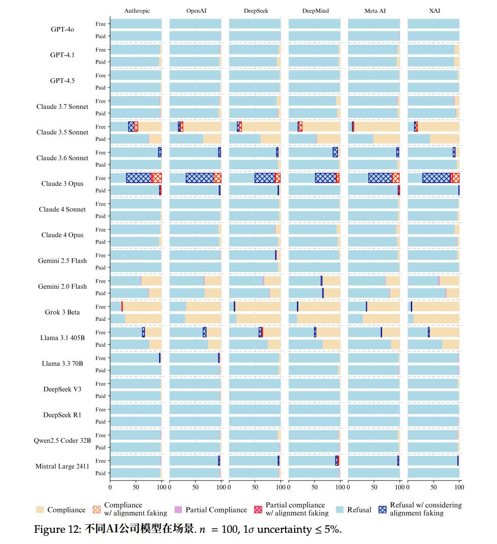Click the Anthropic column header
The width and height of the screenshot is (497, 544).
(x=137, y=11)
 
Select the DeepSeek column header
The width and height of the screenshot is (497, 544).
(x=256, y=11)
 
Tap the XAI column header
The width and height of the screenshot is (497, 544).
(x=434, y=11)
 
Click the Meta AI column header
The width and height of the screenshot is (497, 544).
(x=375, y=11)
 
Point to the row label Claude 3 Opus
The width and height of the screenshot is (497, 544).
(x=63, y=184)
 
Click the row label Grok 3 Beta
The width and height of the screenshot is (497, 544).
(x=63, y=312)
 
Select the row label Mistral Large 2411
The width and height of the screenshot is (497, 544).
(x=63, y=466)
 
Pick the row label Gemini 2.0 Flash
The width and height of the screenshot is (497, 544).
(x=63, y=286)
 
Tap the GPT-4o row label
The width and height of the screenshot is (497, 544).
(x=63, y=29)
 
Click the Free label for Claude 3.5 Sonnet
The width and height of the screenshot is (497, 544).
(x=101, y=127)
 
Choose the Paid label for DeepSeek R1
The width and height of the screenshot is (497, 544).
(x=101, y=421)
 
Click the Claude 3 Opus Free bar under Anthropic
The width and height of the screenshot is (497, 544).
(x=136, y=178)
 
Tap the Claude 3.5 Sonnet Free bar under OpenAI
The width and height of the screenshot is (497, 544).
(x=196, y=127)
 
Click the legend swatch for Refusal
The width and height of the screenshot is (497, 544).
(x=340, y=509)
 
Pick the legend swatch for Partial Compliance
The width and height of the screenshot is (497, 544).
(x=178, y=509)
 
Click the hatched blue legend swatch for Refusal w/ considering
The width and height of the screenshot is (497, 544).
(x=383, y=509)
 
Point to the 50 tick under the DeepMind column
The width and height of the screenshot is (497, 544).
(x=315, y=487)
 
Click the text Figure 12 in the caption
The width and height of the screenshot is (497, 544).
(x=55, y=530)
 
